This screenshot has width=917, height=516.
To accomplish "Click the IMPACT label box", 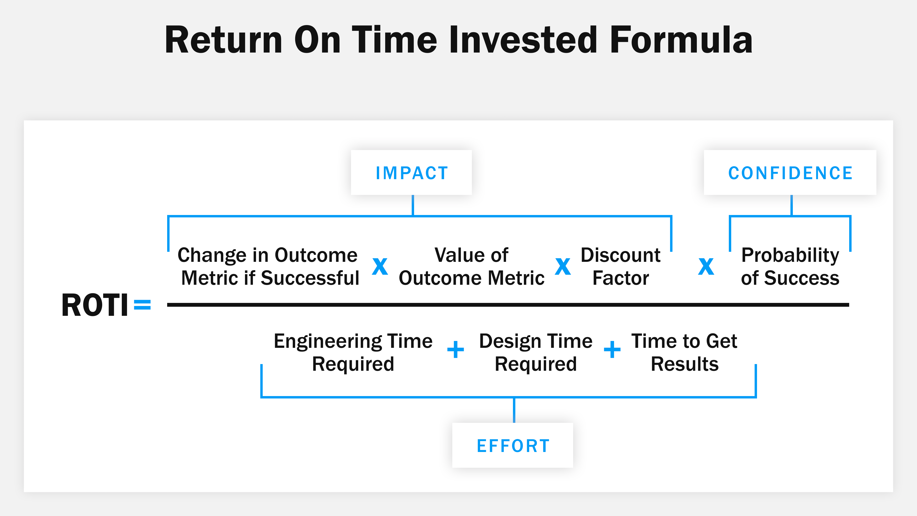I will pyautogui.click(x=411, y=173).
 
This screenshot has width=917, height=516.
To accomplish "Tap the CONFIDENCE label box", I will pyautogui.click(x=790, y=173).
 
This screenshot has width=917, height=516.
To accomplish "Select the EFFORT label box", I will pyautogui.click(x=513, y=446).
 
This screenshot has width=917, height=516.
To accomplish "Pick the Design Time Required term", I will pyautogui.click(x=536, y=353).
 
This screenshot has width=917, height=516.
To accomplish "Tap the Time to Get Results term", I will pyautogui.click(x=684, y=353).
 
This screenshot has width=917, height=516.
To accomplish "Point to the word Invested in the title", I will pyautogui.click(x=522, y=40).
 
